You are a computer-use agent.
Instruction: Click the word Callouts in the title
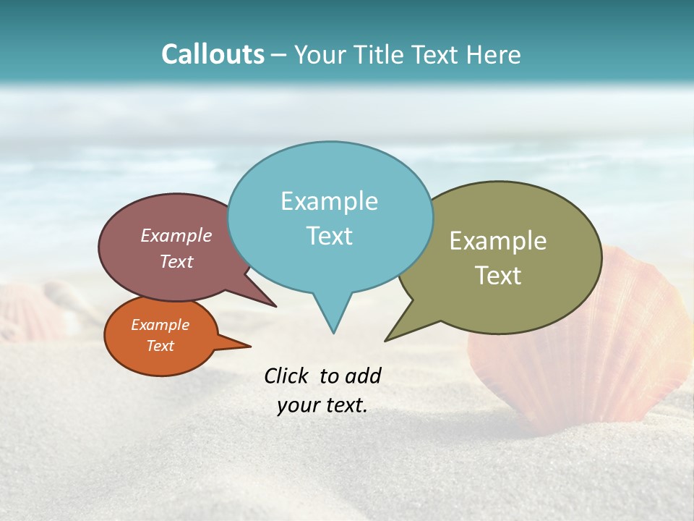coord(213,54)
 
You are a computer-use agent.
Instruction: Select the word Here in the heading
coord(494,54)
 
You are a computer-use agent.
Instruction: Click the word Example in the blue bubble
coord(329,201)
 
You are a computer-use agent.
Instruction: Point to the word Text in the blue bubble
coord(329,236)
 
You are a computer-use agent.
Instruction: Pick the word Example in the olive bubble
coord(498,241)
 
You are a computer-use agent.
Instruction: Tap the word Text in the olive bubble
coord(498,276)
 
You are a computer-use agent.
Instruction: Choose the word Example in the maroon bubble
coord(176,236)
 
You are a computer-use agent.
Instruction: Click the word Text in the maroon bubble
coord(176,262)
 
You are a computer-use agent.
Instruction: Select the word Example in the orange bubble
coord(160,325)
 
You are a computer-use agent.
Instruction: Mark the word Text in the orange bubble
coord(160,346)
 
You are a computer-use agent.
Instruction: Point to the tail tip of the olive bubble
coord(386,340)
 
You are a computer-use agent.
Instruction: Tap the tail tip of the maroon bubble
coord(275,306)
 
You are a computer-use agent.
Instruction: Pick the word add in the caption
coord(362,376)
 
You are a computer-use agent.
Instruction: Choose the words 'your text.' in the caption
coord(322,405)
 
